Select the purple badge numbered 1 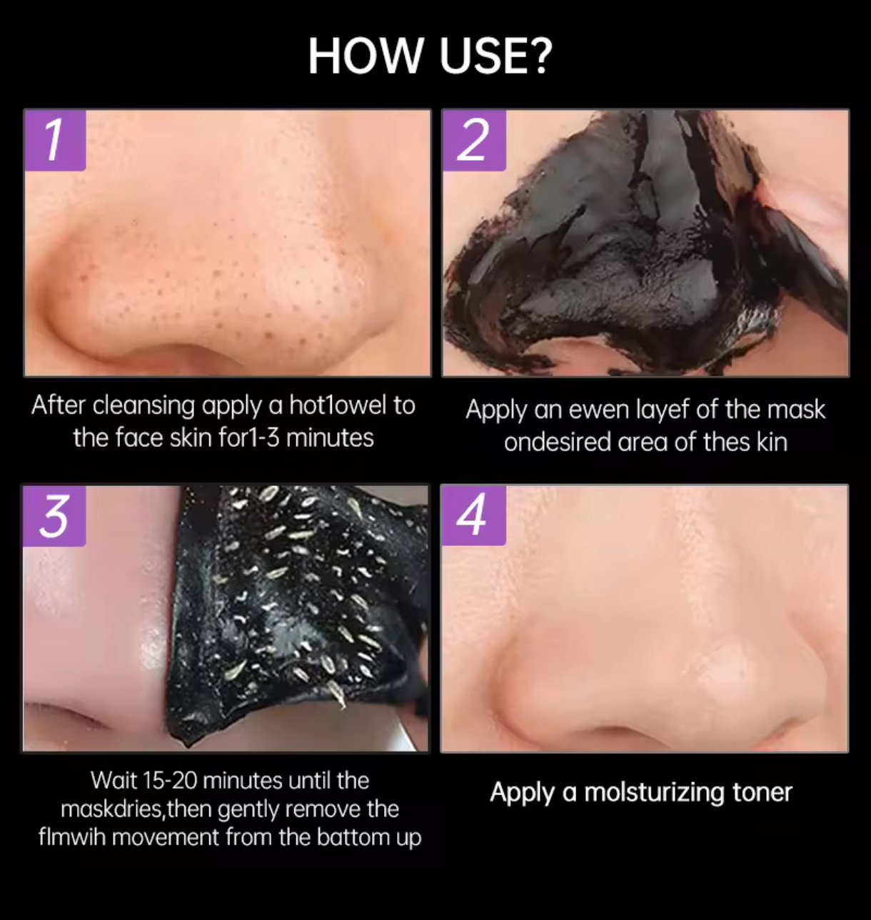tap(55, 140)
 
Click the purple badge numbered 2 tap(474, 140)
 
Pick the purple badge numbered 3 tap(54, 516)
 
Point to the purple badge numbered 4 tap(473, 515)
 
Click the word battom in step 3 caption tap(353, 837)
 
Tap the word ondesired tap(558, 443)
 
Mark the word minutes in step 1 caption tap(330, 438)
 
